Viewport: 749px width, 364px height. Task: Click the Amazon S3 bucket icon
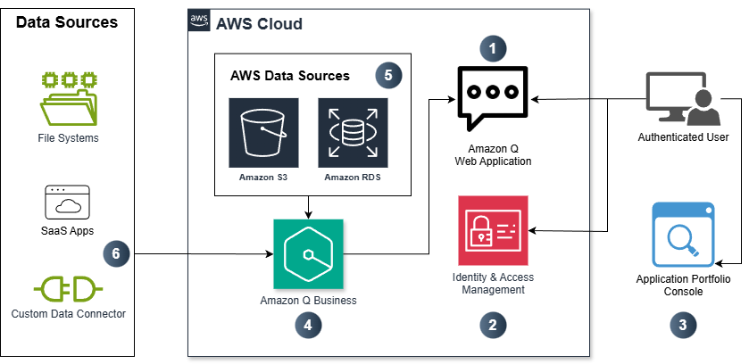coord(263,133)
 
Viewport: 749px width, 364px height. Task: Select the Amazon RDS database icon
coord(353,133)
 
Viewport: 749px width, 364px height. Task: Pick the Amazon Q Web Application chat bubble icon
coord(492,99)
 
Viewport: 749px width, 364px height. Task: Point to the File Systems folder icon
coord(69,98)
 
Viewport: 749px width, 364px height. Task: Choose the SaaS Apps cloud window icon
coord(69,203)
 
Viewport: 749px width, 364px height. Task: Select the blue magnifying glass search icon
coord(683,235)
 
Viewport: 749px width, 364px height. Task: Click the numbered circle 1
coord(492,46)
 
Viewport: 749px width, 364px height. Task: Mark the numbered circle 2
coord(492,325)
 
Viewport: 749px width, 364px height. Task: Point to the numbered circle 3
coord(683,325)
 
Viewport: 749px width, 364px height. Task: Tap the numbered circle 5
coord(387,75)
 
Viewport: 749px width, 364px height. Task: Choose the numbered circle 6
coord(115,252)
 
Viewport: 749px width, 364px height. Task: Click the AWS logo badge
coord(199,21)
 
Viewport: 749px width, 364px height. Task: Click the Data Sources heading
coord(67,22)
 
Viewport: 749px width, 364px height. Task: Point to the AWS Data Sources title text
coord(289,76)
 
